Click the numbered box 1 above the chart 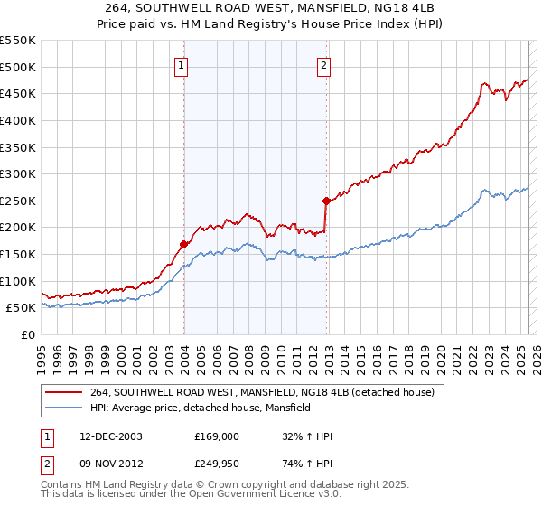(182, 65)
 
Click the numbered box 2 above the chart (323, 65)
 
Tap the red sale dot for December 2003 (183, 244)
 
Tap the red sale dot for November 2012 (326, 201)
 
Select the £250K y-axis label (20, 201)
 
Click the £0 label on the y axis (28, 334)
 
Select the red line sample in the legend (64, 392)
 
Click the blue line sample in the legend (64, 408)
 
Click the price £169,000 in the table (217, 436)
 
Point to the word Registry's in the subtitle (346, 25)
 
